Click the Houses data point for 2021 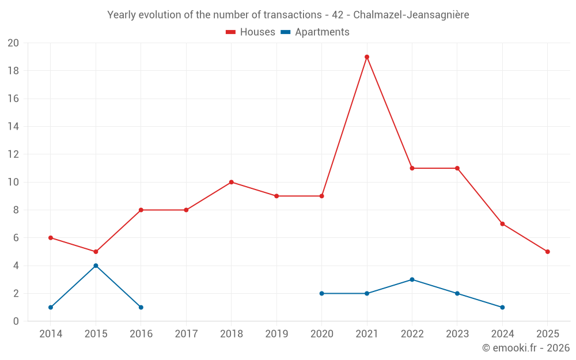click(367, 57)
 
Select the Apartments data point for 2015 click(96, 266)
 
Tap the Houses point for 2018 click(231, 182)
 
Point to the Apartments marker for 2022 click(412, 279)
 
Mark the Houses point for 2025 click(547, 252)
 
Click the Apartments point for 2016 click(141, 307)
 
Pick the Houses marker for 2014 click(51, 238)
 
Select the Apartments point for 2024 click(502, 307)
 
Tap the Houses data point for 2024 click(502, 224)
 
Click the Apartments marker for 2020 click(321, 293)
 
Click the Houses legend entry click(251, 32)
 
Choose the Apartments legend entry click(315, 32)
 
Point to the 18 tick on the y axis click(13, 71)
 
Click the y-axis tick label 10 click(13, 182)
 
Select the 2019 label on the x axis click(276, 334)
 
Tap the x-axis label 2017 click(186, 334)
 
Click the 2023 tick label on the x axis click(457, 334)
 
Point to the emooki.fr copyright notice click(525, 348)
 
